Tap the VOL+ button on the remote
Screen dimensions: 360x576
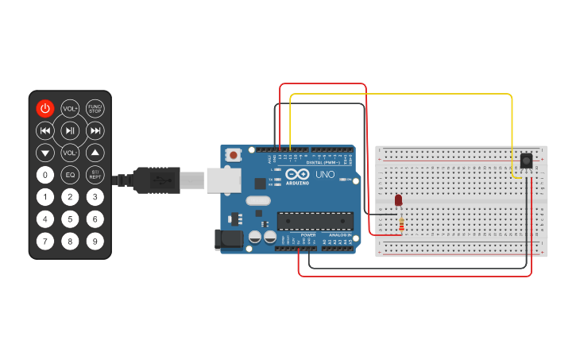(70, 109)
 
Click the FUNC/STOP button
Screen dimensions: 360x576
(95, 109)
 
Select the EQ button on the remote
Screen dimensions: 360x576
(70, 175)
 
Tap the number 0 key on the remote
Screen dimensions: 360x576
(45, 175)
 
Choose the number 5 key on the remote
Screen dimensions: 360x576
(70, 219)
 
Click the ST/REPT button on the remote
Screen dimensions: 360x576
(95, 175)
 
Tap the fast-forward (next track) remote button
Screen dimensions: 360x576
(95, 130)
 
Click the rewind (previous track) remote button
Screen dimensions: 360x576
(45, 130)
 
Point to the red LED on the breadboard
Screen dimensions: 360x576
(399, 200)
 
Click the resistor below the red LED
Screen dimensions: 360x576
(401, 226)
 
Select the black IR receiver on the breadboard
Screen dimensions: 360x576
(526, 161)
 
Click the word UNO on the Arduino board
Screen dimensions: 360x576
(325, 175)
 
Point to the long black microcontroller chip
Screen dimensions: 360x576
(315, 222)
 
